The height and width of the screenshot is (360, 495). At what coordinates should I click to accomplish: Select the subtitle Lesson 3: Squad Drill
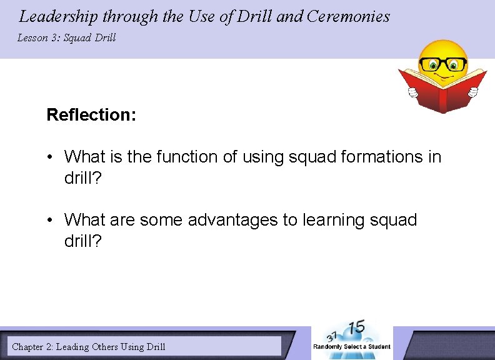pos(66,38)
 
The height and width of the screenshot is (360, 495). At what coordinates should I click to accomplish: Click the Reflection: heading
pos(91,115)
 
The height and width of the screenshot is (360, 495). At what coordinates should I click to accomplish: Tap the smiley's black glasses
pos(443,64)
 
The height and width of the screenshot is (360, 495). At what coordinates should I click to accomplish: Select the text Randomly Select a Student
pos(351,347)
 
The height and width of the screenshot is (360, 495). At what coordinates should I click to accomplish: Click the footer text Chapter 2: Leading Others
pos(88,346)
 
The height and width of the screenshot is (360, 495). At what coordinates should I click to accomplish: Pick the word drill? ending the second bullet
pos(84,241)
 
